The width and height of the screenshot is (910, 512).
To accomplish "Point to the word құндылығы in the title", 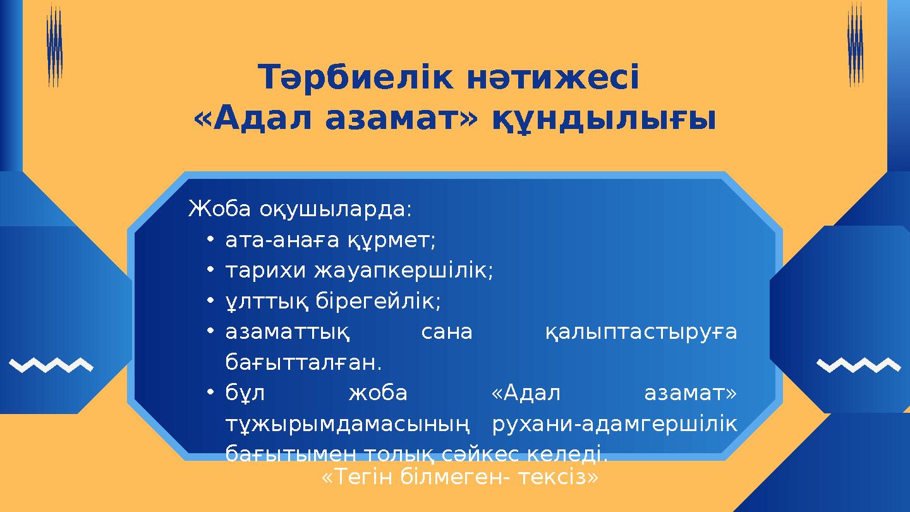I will [x=604, y=120].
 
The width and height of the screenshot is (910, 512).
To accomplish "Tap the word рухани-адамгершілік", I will [x=614, y=424].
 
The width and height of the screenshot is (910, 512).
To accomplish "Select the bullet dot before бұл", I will [x=210, y=393].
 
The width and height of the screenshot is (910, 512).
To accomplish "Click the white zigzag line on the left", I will [x=52, y=365].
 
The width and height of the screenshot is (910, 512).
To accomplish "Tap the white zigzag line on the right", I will [x=858, y=365].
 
